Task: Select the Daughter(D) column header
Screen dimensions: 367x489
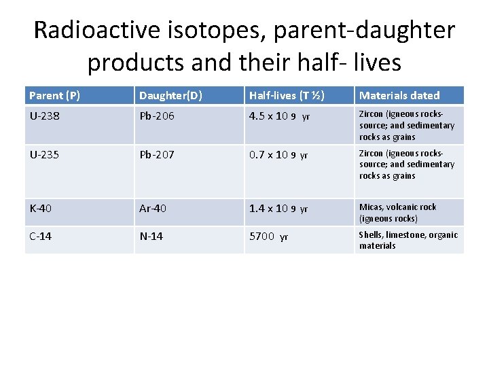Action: (x=165, y=96)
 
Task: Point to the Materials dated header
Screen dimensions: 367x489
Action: (x=399, y=96)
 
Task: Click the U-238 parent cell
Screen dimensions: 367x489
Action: (x=44, y=116)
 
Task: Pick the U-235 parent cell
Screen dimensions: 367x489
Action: (x=44, y=155)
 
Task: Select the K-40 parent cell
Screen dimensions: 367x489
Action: (x=40, y=209)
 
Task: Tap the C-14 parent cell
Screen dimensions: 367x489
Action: (x=40, y=237)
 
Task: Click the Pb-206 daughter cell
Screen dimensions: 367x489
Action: (x=157, y=116)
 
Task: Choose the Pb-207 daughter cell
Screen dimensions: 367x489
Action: (x=157, y=155)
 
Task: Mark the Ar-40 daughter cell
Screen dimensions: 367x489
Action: (x=153, y=209)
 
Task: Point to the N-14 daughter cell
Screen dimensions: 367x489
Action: (x=151, y=237)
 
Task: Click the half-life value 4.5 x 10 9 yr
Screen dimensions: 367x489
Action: (x=279, y=116)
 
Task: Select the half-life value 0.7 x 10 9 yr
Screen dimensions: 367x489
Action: (x=279, y=155)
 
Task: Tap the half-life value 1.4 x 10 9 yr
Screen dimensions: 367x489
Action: (x=279, y=209)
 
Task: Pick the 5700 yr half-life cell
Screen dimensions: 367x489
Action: (x=269, y=237)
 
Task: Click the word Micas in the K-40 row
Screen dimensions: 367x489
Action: (x=371, y=207)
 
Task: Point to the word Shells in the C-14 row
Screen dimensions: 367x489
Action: (x=372, y=235)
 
